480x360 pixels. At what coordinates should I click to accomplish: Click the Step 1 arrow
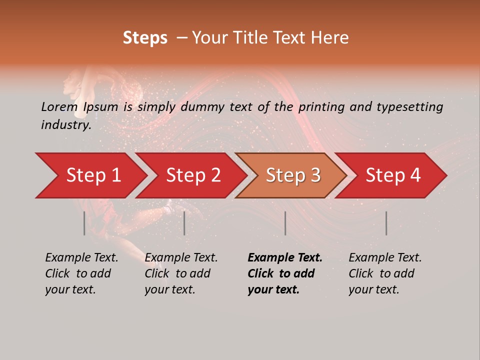(93, 175)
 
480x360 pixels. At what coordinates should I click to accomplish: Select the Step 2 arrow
(193, 175)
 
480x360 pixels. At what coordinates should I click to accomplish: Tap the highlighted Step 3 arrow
(293, 175)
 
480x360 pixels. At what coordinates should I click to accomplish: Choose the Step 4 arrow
(393, 175)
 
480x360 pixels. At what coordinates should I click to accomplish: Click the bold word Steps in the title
(145, 38)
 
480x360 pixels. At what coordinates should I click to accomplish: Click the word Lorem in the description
(59, 106)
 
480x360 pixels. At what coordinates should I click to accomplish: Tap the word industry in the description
(65, 124)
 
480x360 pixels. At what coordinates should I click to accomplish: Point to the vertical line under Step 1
(84, 223)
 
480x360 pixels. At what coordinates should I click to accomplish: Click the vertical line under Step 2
(184, 223)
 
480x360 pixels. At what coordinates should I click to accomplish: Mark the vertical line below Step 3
(285, 223)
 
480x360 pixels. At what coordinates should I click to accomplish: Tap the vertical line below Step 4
(386, 223)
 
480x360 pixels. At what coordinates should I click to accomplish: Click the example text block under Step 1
(81, 273)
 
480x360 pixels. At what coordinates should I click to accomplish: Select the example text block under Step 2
(181, 273)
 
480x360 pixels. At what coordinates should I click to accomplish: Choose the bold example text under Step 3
(285, 273)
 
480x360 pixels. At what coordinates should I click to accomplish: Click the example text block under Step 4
(385, 273)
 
